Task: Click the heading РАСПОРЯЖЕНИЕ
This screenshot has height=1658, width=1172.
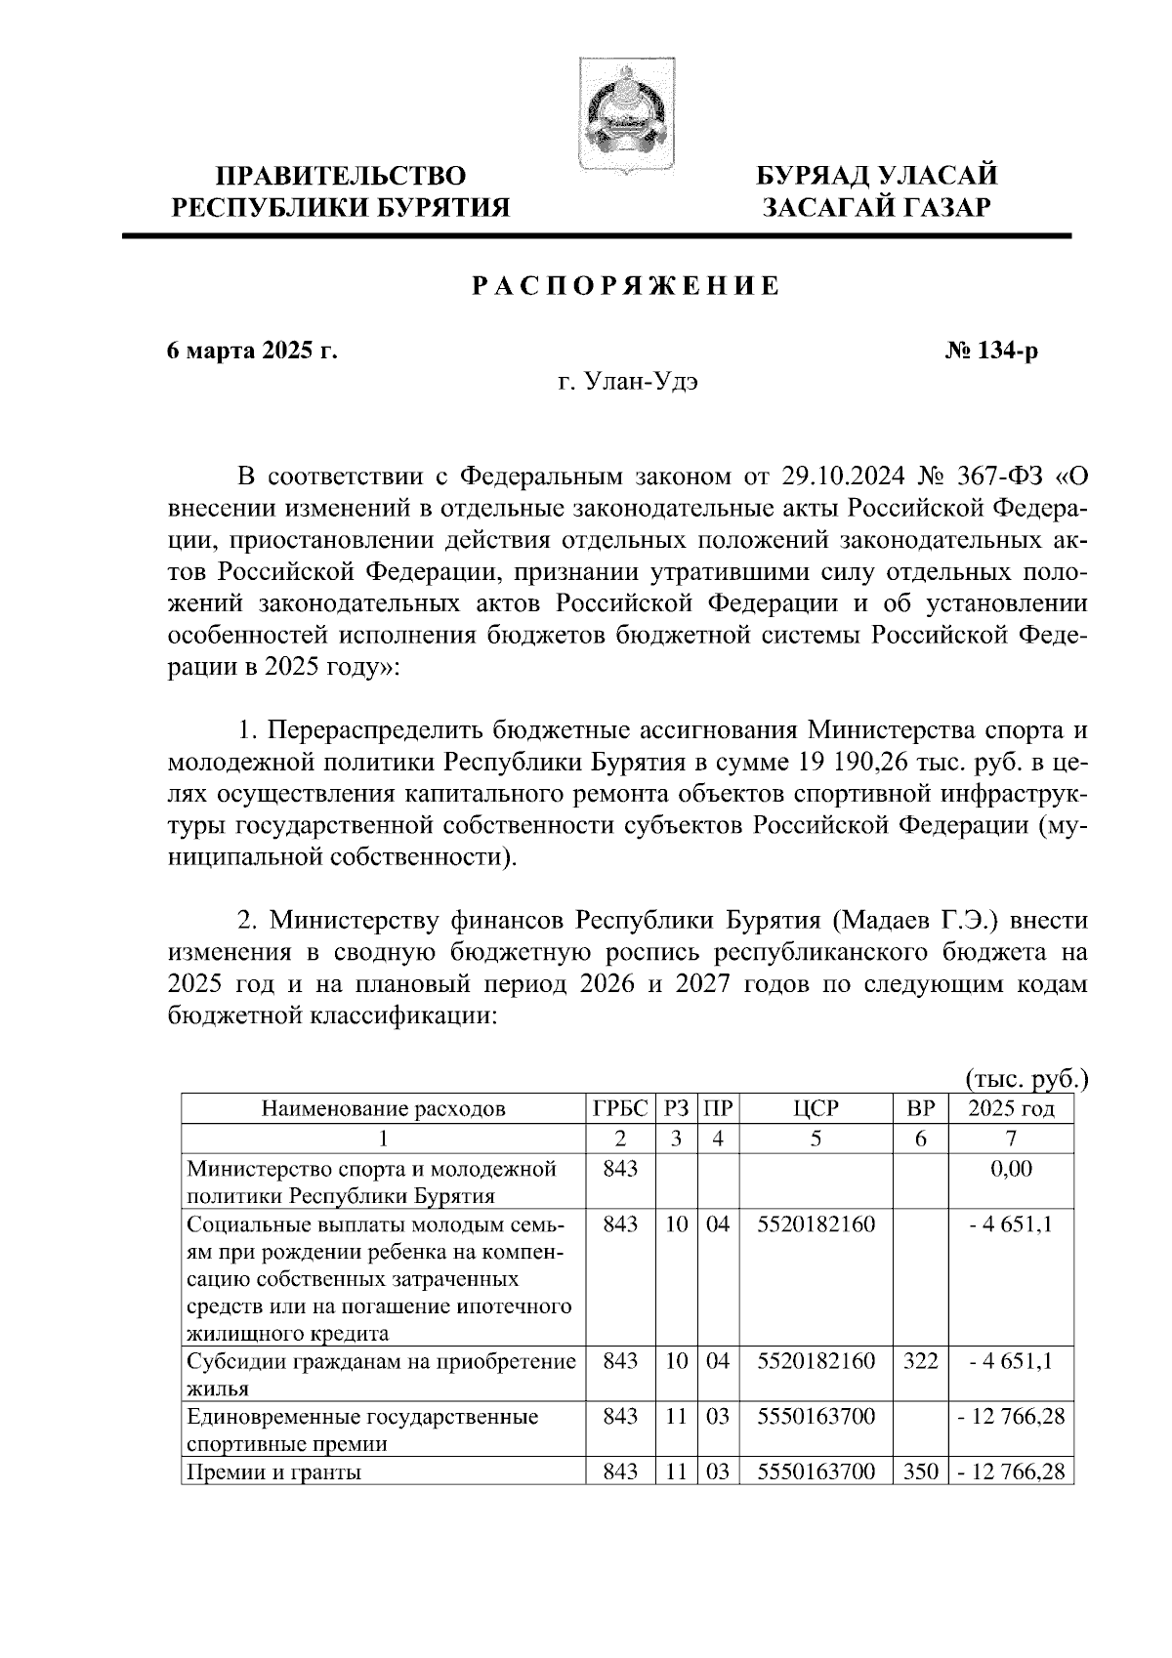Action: point(626,287)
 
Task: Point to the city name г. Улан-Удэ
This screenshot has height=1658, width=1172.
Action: point(628,383)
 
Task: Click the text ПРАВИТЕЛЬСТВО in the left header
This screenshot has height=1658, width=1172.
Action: point(341,177)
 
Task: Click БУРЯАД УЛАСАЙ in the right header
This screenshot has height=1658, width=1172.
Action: point(877,177)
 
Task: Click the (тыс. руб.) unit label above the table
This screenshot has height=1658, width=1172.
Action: point(1025,1079)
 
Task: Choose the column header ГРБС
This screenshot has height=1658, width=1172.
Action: point(620,1108)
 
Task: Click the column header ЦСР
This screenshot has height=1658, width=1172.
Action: point(816,1108)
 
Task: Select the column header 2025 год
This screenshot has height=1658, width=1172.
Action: point(1011,1108)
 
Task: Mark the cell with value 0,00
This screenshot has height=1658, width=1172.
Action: point(1011,1169)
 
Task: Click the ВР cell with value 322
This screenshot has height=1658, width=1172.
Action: point(920,1360)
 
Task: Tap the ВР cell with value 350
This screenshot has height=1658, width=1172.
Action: point(920,1471)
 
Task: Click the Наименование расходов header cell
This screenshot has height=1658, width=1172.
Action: point(383,1108)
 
